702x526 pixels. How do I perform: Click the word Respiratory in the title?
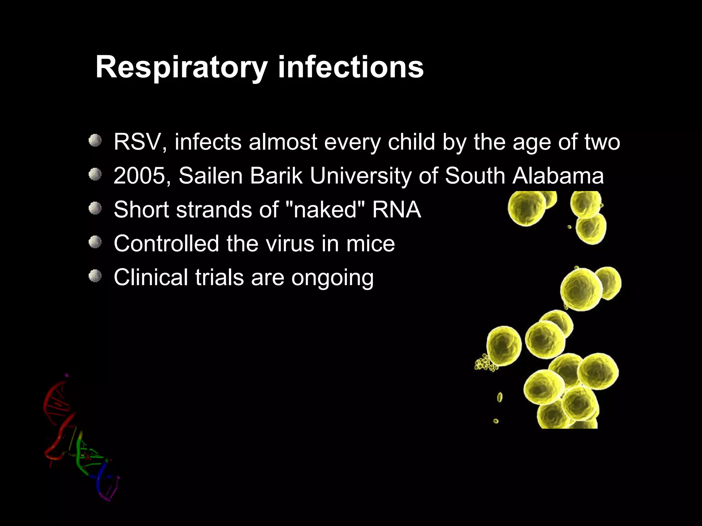point(181,67)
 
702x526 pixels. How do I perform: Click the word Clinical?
point(150,277)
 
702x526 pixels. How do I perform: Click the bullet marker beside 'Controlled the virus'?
point(95,242)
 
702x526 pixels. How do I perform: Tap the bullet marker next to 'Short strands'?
point(95,208)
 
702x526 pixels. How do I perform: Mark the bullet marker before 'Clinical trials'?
point(95,276)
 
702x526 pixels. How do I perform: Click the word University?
point(360,176)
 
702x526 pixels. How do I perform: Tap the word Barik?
point(276,176)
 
